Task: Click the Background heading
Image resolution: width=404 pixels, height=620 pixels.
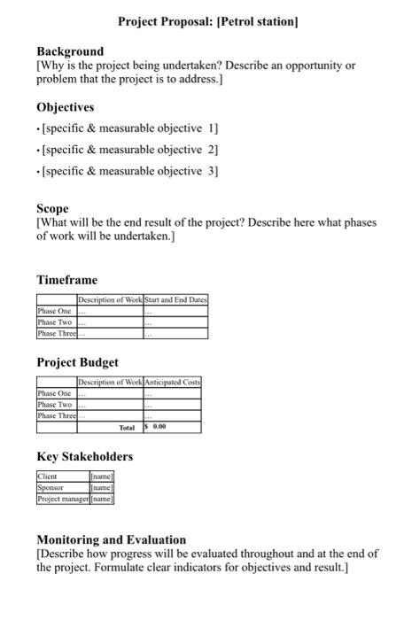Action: tap(70, 51)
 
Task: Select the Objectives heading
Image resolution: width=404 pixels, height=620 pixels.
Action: tap(66, 107)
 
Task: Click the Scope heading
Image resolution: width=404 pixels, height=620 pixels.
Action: tap(52, 209)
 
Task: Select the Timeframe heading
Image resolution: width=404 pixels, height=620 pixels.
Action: tap(67, 280)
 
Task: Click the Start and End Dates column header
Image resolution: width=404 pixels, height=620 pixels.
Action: tap(175, 301)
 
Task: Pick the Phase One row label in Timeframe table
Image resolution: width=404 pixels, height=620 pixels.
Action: tap(55, 312)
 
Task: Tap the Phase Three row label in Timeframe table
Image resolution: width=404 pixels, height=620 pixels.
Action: tap(57, 334)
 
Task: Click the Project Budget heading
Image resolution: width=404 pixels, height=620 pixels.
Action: tap(77, 362)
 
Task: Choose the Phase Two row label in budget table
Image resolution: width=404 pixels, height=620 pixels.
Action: tap(55, 405)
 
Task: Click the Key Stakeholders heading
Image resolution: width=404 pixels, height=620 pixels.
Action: tap(85, 456)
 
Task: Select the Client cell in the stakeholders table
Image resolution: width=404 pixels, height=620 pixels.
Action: tap(48, 477)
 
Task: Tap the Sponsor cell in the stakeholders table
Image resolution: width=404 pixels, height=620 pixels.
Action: tap(50, 488)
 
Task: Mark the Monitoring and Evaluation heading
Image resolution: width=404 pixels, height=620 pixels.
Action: tap(111, 539)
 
